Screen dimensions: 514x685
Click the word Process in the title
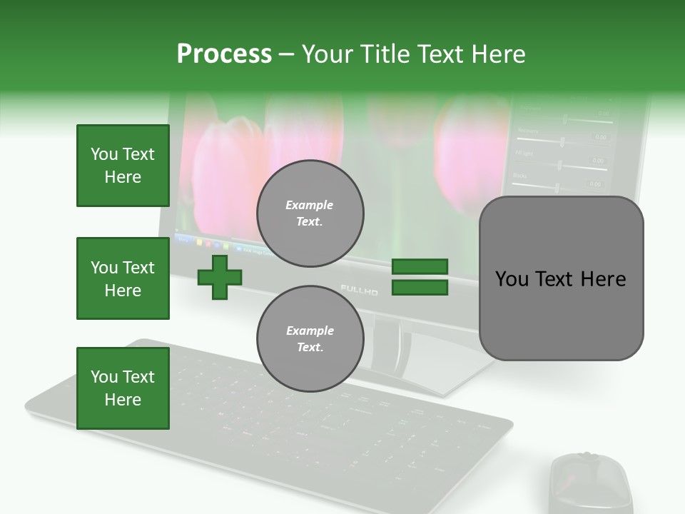pos(224,54)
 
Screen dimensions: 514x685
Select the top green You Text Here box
pos(123,166)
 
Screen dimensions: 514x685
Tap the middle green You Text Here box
pos(123,278)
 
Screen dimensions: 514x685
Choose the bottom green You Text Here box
pos(123,388)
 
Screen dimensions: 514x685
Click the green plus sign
pos(220,277)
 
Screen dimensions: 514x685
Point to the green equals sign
pos(420,277)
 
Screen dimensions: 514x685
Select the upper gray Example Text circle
pos(310,213)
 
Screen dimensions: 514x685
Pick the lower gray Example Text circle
pos(310,339)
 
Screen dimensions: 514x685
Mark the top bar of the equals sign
pos(420,267)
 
